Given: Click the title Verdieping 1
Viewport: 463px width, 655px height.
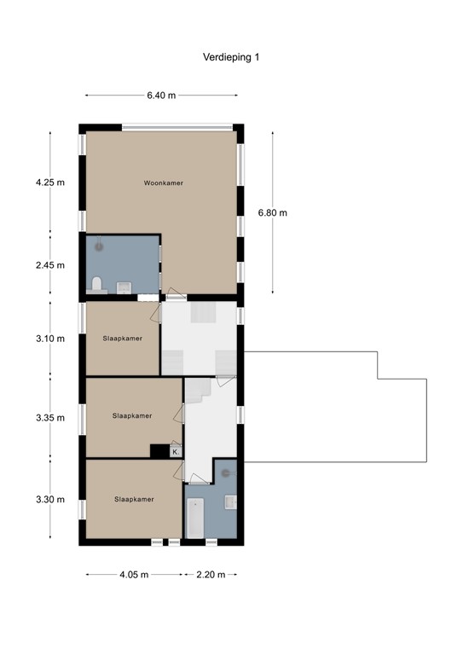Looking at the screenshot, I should pyautogui.click(x=231, y=57).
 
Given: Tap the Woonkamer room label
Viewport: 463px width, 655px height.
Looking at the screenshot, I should pyautogui.click(x=164, y=183).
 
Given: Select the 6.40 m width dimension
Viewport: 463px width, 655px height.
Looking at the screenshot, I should pyautogui.click(x=160, y=96).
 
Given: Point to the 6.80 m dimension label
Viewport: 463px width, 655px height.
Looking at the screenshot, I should pyautogui.click(x=273, y=212).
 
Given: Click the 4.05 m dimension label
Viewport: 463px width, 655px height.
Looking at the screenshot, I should pyautogui.click(x=133, y=574).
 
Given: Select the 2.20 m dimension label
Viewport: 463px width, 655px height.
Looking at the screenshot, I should pyautogui.click(x=210, y=574).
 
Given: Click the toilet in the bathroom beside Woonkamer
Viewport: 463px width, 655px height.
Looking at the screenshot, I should pyautogui.click(x=96, y=284).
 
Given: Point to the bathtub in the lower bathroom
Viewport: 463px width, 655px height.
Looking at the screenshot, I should pyautogui.click(x=195, y=517).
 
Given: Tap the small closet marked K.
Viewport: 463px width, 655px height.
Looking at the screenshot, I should pyautogui.click(x=176, y=452).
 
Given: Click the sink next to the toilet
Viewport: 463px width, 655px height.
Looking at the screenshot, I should pyautogui.click(x=124, y=287).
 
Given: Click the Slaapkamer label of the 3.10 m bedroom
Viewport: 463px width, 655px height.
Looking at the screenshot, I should pyautogui.click(x=122, y=338).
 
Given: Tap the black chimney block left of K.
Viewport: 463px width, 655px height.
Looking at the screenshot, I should pyautogui.click(x=159, y=452).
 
